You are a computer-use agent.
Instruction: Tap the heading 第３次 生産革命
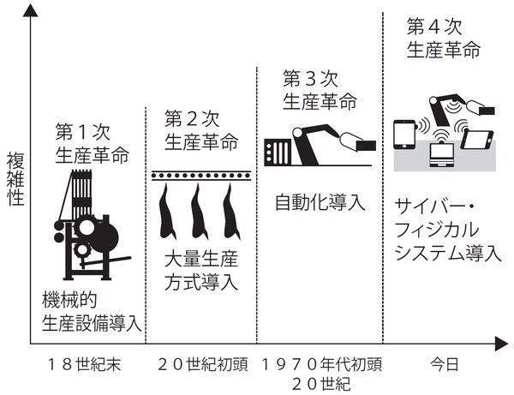pos(318,91)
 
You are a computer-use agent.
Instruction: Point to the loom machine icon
pos(88,227)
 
